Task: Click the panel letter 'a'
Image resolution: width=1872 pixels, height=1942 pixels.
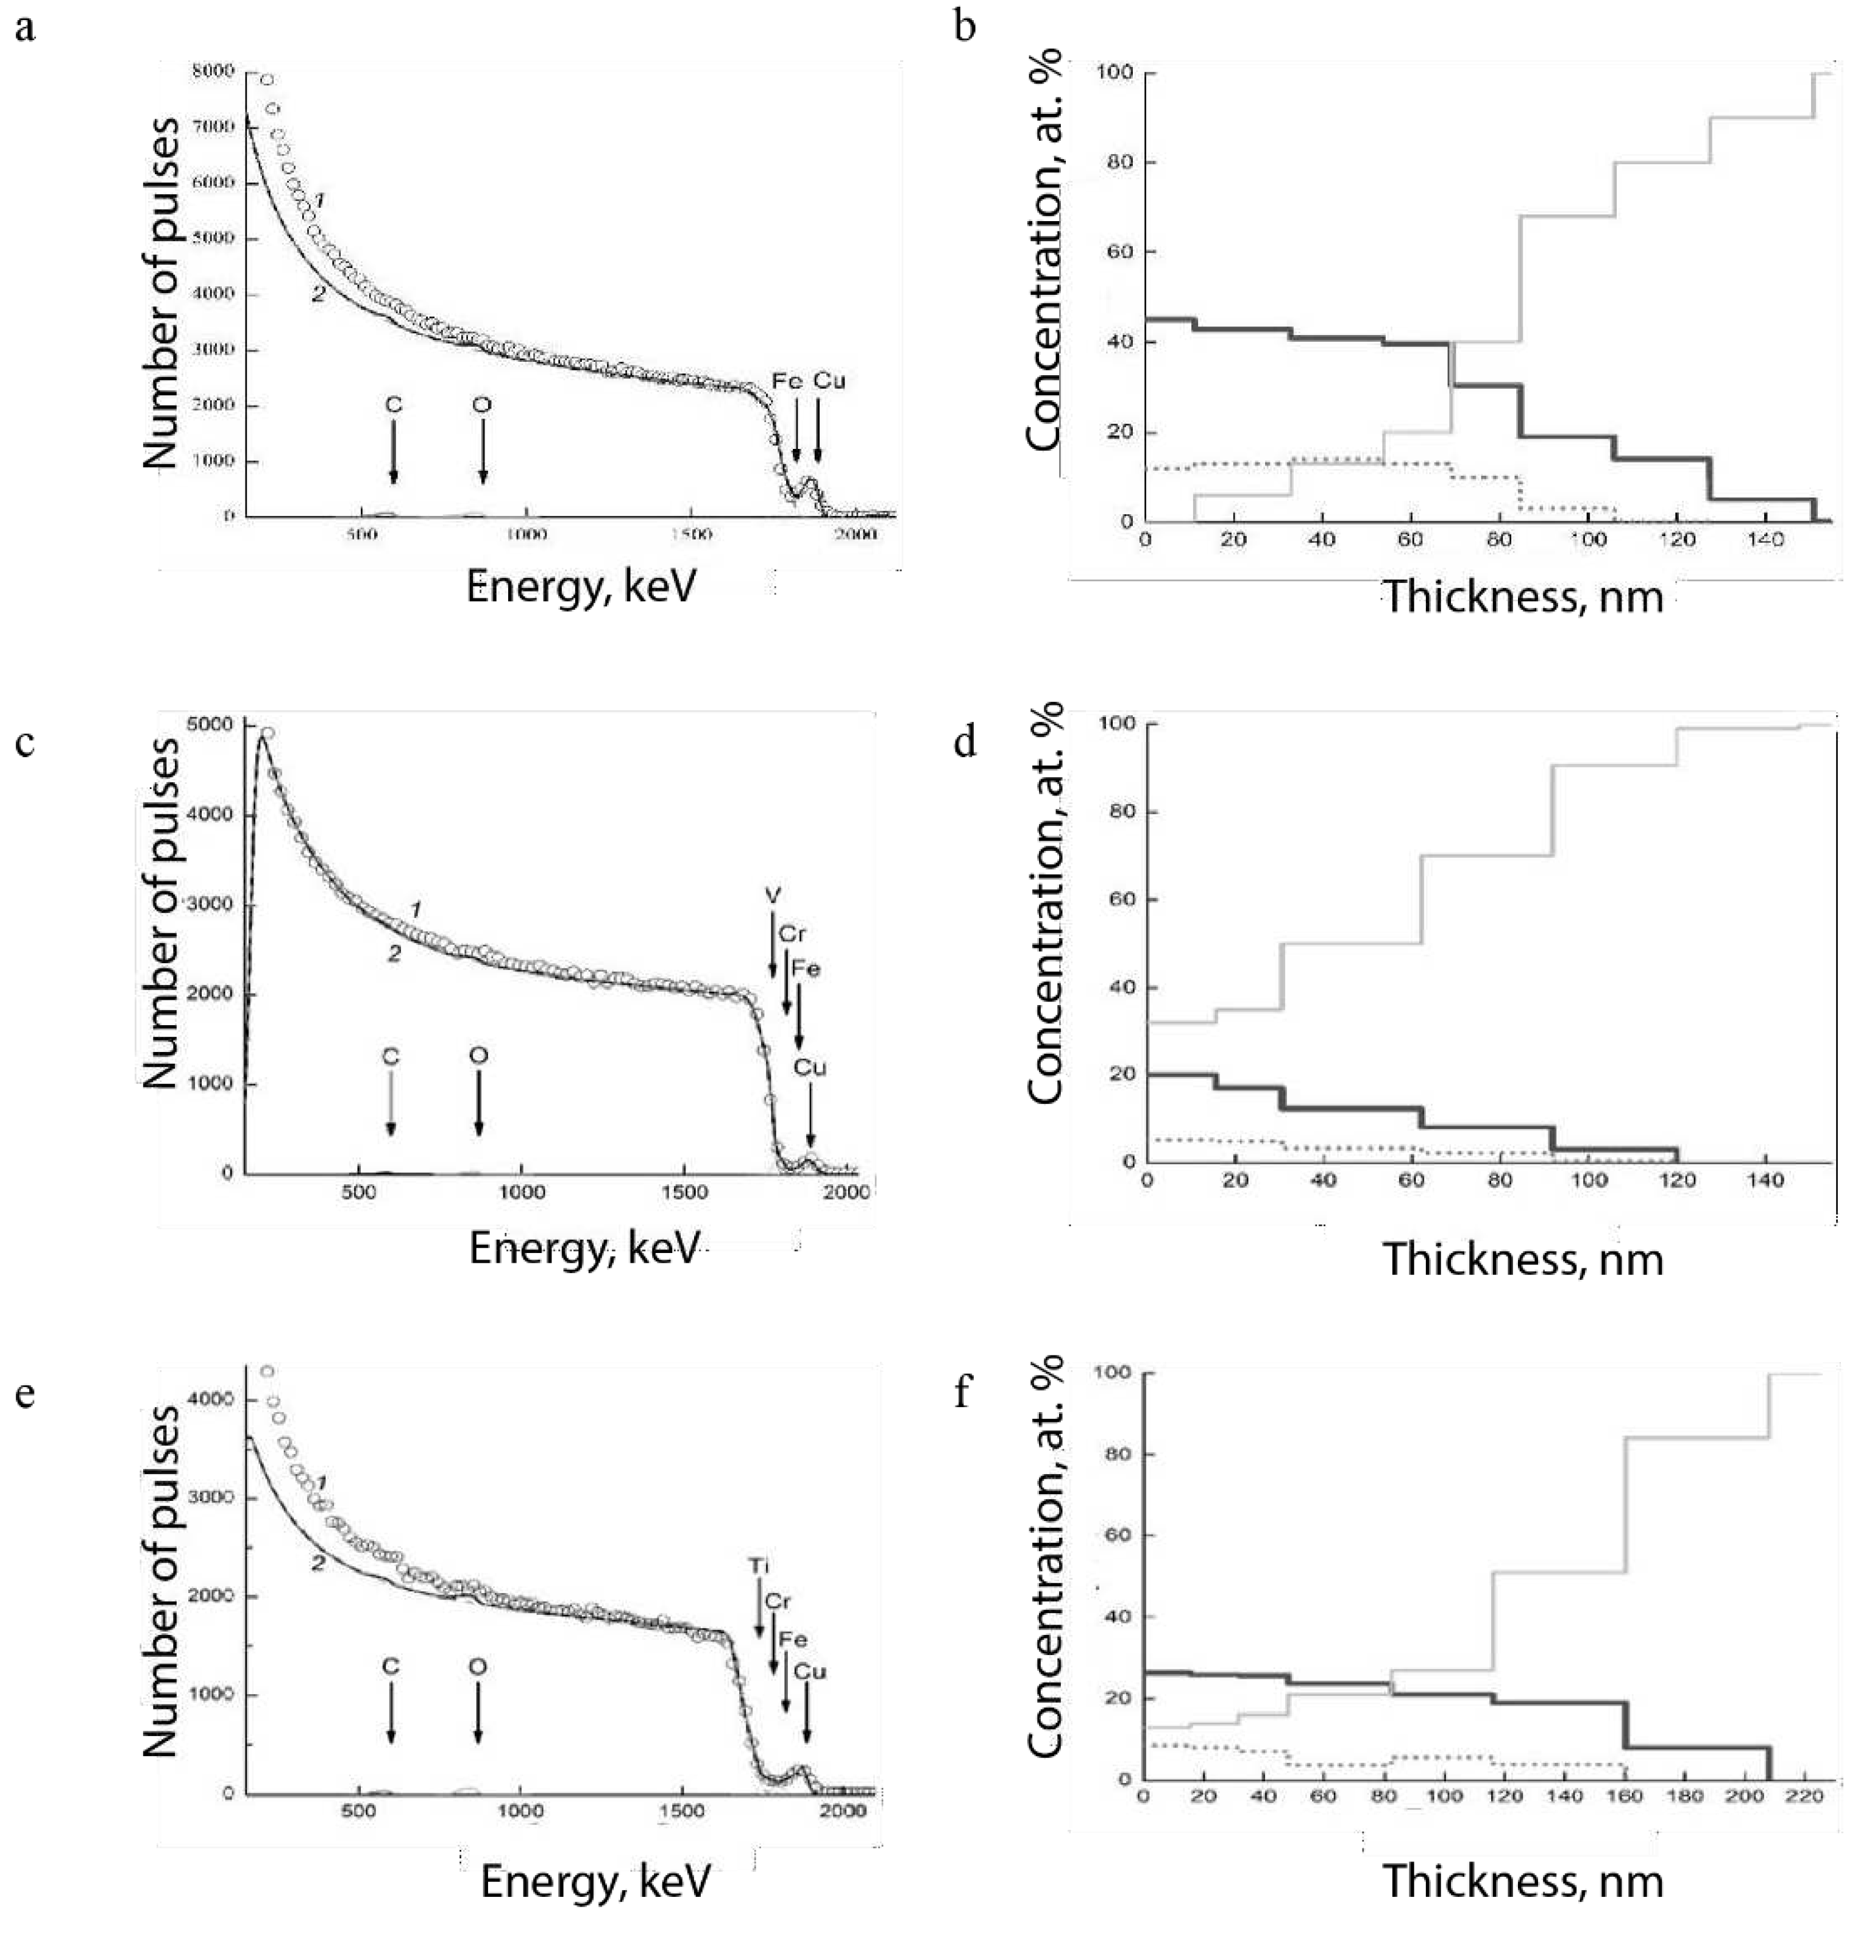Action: (x=25, y=29)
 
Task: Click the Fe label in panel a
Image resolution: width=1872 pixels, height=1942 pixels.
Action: (x=787, y=381)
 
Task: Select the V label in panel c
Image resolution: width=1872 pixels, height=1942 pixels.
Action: (x=772, y=895)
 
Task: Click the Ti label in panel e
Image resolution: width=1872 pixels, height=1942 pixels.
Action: (x=758, y=1566)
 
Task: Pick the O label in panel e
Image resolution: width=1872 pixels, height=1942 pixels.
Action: (x=478, y=1667)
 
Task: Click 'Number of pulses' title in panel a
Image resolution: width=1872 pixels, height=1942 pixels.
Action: (x=161, y=293)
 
